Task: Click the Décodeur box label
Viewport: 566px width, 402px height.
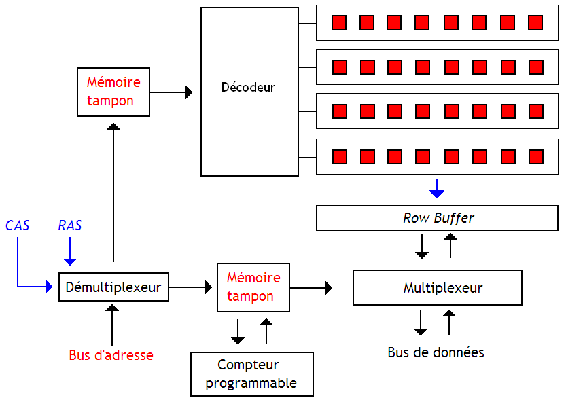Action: click(248, 88)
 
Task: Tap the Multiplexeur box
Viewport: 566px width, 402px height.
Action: click(437, 288)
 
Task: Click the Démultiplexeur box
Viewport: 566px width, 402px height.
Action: click(113, 287)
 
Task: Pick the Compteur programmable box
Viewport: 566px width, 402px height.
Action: click(251, 374)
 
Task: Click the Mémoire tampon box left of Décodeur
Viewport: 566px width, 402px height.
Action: click(113, 92)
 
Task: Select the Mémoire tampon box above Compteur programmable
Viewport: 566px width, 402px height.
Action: click(253, 287)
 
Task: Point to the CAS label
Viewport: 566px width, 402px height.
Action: click(18, 225)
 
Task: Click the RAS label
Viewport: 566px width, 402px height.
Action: click(69, 225)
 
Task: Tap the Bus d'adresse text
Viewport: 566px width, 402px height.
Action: click(111, 355)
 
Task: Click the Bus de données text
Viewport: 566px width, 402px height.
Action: click(436, 352)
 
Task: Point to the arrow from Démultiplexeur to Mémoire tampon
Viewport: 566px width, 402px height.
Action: click(190, 288)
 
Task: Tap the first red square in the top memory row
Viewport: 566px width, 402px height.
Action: click(339, 22)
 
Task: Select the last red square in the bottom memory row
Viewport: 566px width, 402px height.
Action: click(535, 157)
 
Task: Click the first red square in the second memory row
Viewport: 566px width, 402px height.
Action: click(339, 67)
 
